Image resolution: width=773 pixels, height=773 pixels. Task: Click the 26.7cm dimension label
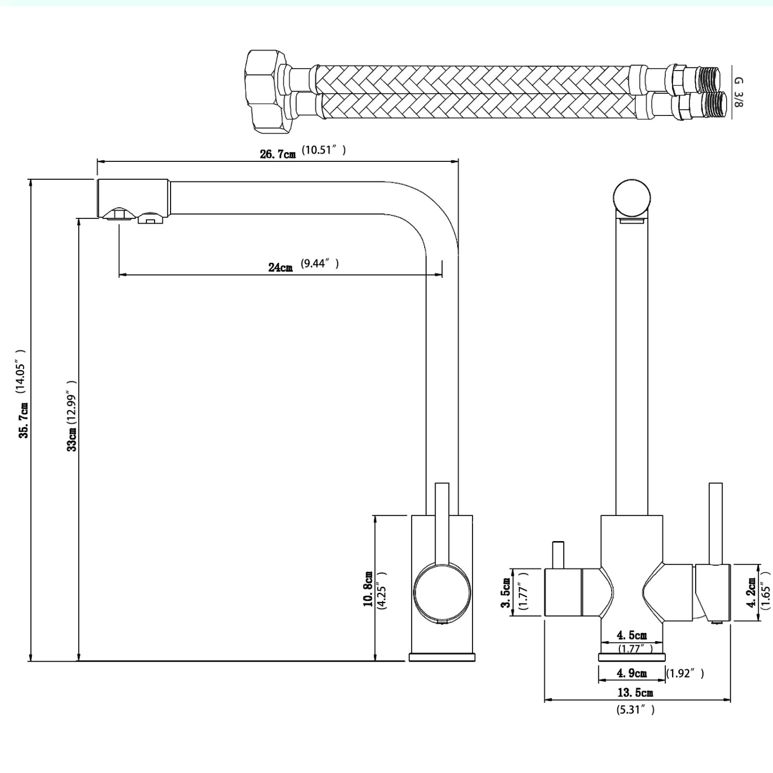278,154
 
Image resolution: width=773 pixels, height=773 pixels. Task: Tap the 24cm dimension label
280,267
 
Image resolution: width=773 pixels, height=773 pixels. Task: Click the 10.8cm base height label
368,589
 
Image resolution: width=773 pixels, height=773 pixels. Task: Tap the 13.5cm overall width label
635,693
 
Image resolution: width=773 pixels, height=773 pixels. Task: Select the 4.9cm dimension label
631,673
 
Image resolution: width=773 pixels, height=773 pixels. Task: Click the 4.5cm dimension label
631,635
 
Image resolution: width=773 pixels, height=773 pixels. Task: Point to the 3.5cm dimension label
506,593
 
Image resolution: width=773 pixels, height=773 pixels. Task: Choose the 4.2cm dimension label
752,593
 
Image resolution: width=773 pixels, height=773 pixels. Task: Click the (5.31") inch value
635,710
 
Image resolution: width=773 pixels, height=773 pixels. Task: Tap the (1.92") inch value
685,673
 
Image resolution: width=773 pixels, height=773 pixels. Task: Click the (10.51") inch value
324,150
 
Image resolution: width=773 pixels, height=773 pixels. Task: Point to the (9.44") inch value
320,264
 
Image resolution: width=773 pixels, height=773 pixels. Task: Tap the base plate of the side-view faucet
442,657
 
